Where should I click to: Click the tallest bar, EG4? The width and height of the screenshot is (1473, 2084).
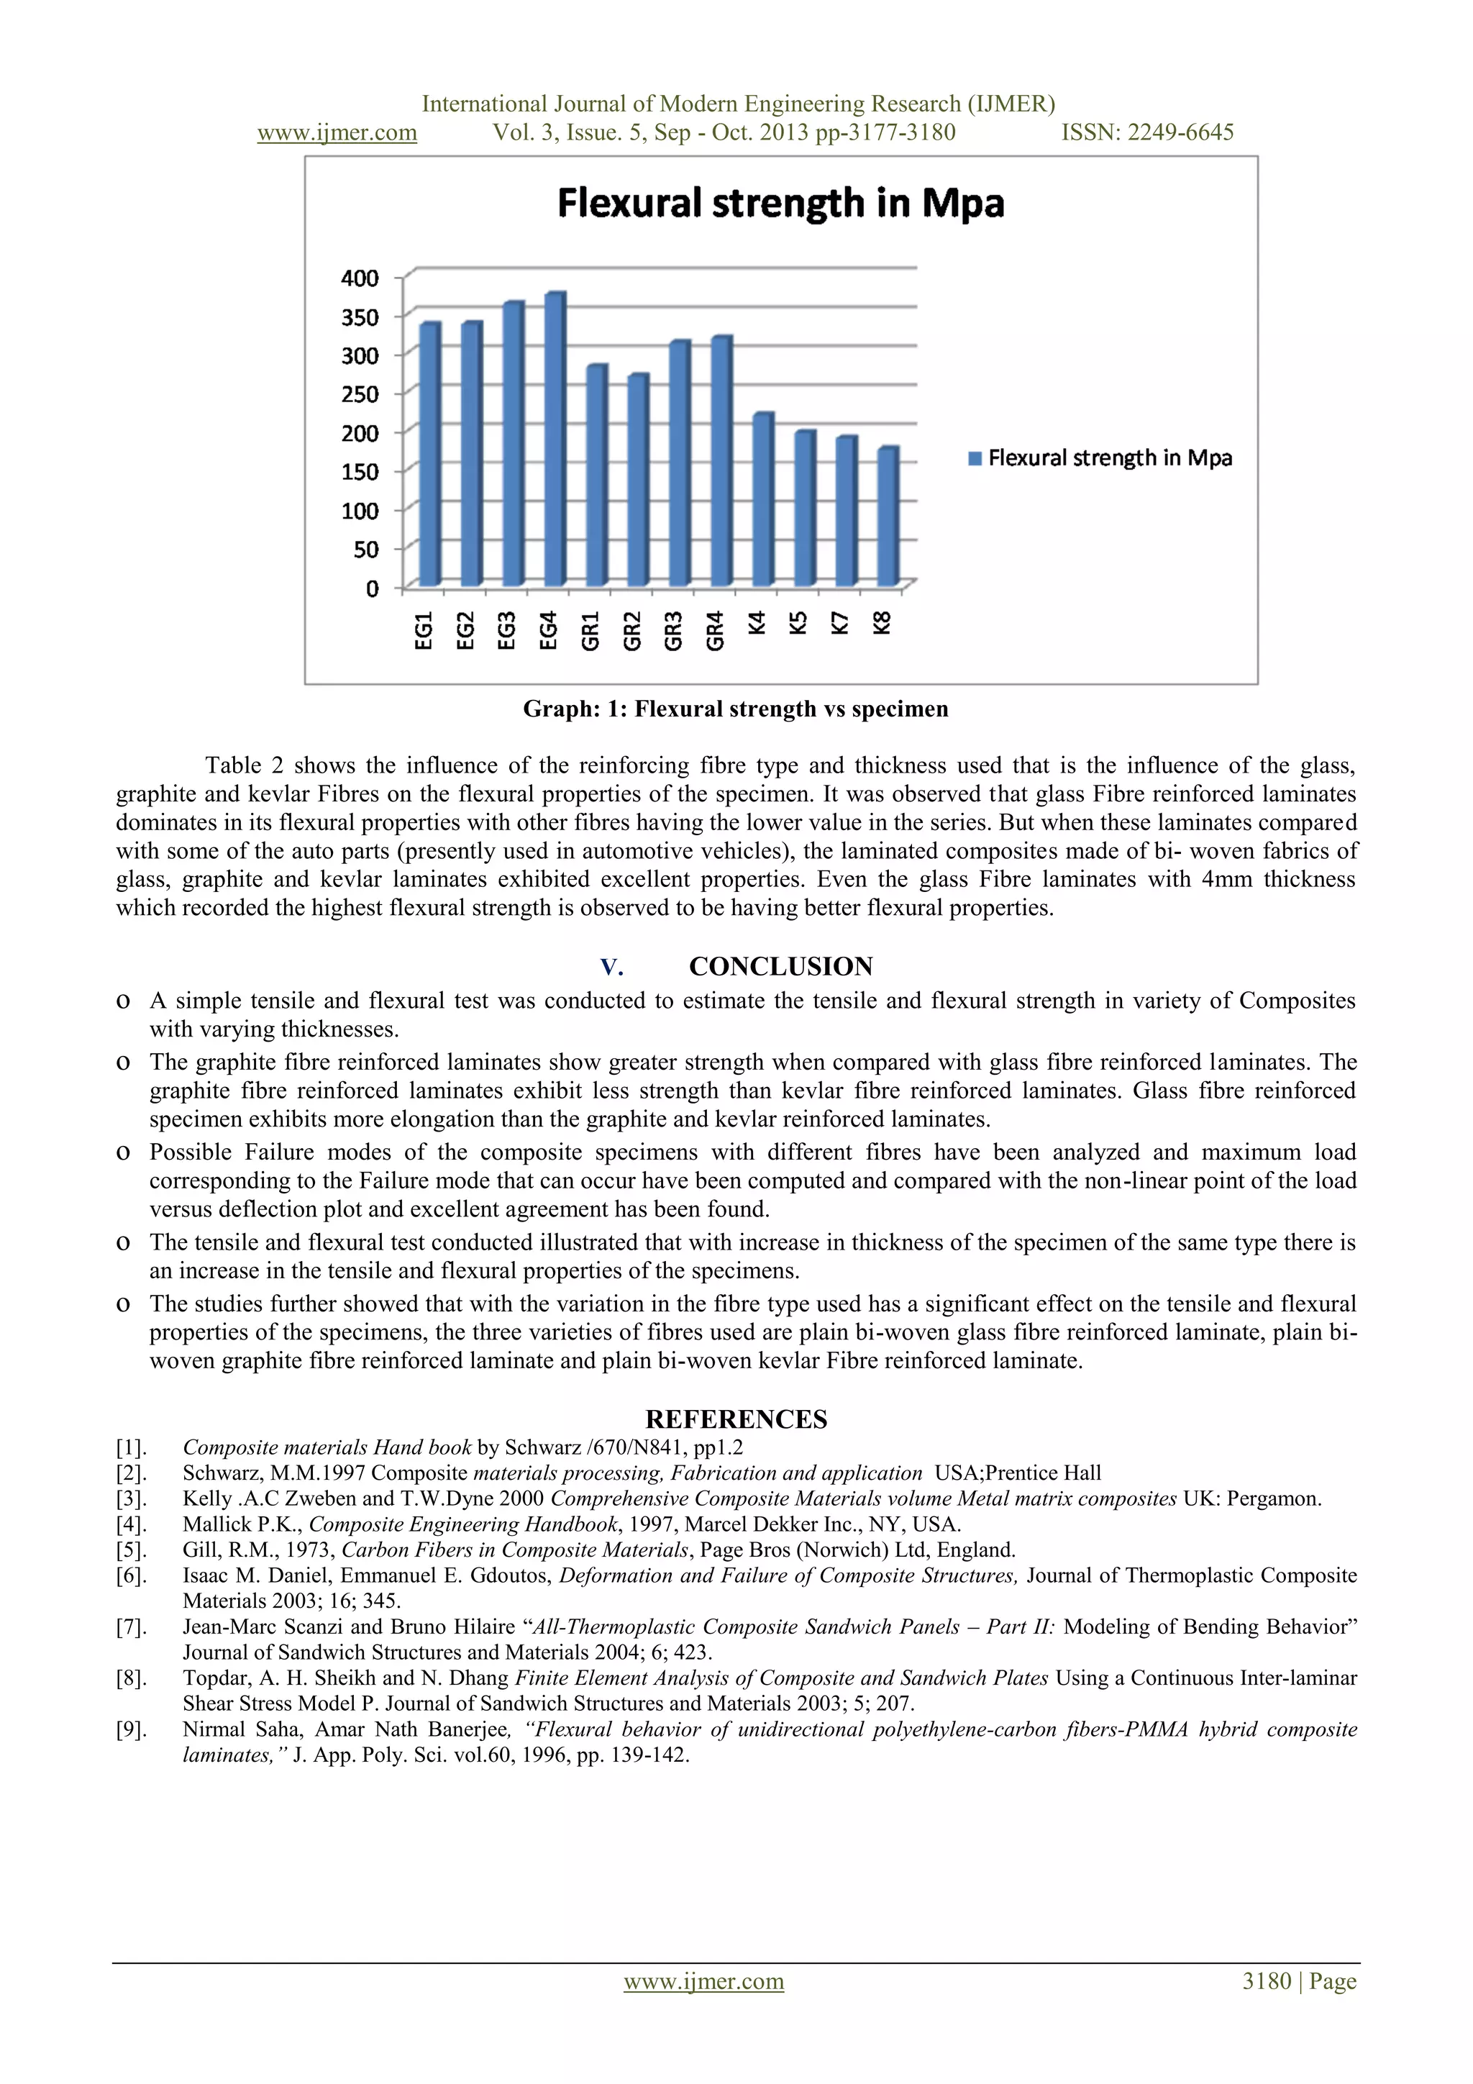click(554, 440)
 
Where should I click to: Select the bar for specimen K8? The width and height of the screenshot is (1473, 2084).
click(888, 517)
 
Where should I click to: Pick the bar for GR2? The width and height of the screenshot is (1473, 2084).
click(637, 481)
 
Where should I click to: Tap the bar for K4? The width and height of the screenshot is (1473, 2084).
click(762, 499)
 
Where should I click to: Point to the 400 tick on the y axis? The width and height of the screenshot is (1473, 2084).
click(360, 278)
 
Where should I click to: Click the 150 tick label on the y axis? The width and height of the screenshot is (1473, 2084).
click(360, 471)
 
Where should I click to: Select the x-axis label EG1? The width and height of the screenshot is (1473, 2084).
click(423, 631)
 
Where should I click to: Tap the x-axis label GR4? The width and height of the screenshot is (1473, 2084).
click(715, 631)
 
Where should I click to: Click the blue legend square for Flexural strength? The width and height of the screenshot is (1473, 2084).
click(975, 458)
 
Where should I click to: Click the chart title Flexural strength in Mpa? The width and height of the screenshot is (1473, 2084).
click(780, 204)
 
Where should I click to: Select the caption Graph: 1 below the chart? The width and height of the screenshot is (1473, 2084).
click(735, 709)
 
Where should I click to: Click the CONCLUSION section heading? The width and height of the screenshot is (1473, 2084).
click(780, 967)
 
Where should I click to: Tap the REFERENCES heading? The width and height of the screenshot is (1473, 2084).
click(736, 1419)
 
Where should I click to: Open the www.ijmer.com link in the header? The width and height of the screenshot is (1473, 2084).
click(337, 132)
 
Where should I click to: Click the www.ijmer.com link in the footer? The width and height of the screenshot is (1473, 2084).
click(703, 1980)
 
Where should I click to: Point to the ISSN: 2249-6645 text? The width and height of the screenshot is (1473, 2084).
click(1147, 132)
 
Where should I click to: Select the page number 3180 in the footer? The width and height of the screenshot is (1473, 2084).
click(1266, 1980)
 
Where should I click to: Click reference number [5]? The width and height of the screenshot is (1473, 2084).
click(131, 1550)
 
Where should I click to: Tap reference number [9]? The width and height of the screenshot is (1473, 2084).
click(131, 1729)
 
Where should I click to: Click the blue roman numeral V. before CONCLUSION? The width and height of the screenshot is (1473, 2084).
click(611, 968)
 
